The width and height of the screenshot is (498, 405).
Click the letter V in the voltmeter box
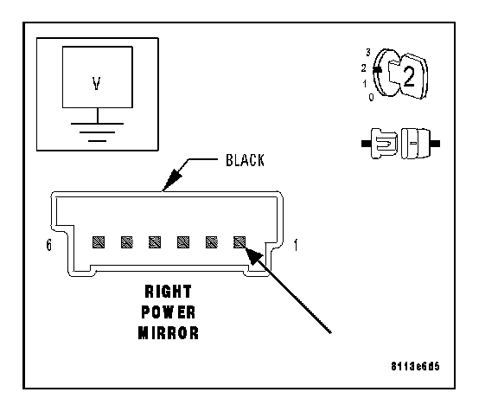pyautogui.click(x=97, y=83)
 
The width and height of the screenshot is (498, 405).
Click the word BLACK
pyautogui.click(x=245, y=160)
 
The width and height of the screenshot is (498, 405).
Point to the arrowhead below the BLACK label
pyautogui.click(x=171, y=180)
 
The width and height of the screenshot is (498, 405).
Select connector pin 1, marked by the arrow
pyautogui.click(x=239, y=242)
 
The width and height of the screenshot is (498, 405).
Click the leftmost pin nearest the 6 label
pyautogui.click(x=99, y=242)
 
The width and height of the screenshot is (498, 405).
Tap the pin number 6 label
pyautogui.click(x=48, y=245)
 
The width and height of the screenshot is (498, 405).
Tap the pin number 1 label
pyautogui.click(x=296, y=245)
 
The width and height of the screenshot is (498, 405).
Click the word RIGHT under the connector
pyautogui.click(x=169, y=292)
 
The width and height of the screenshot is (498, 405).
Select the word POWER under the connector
pyautogui.click(x=169, y=312)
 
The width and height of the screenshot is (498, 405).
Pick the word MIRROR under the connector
pyautogui.click(x=169, y=333)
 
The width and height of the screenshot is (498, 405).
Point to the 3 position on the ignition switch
pyautogui.click(x=368, y=53)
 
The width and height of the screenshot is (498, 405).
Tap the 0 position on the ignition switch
pyautogui.click(x=371, y=97)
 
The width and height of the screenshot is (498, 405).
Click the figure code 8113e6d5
pyautogui.click(x=415, y=366)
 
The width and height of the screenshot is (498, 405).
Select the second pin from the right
pyautogui.click(x=212, y=242)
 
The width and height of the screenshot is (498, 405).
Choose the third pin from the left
pyautogui.click(x=155, y=242)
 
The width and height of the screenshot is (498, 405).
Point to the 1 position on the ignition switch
pyautogui.click(x=365, y=84)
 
